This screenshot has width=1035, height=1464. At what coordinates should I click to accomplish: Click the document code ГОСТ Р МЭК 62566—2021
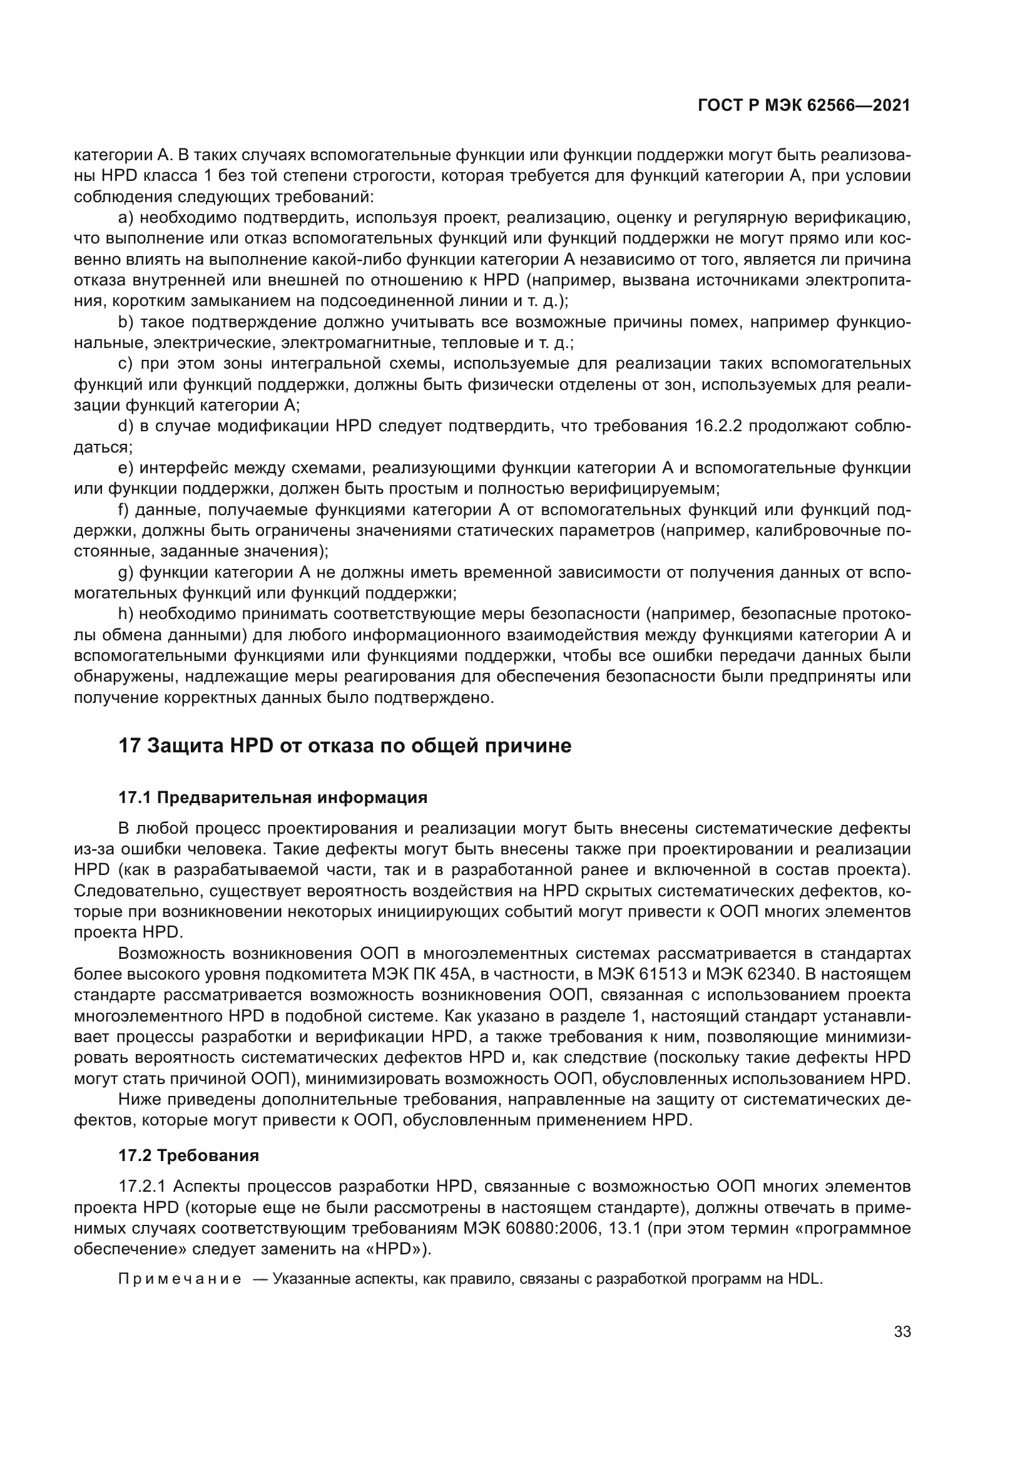point(803,106)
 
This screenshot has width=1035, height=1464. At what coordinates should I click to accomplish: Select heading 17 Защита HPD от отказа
point(345,745)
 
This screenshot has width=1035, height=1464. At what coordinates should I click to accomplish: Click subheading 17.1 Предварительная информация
point(273,797)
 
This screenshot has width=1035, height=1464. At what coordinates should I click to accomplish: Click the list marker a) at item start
point(126,218)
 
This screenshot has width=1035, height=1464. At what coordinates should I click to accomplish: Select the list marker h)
point(125,614)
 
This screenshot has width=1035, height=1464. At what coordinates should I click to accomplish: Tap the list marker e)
point(126,468)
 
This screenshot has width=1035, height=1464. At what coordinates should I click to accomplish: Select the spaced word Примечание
point(180,1280)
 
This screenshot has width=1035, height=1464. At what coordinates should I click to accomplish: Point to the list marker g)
point(126,573)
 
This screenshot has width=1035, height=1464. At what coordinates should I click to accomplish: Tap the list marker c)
point(126,364)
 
